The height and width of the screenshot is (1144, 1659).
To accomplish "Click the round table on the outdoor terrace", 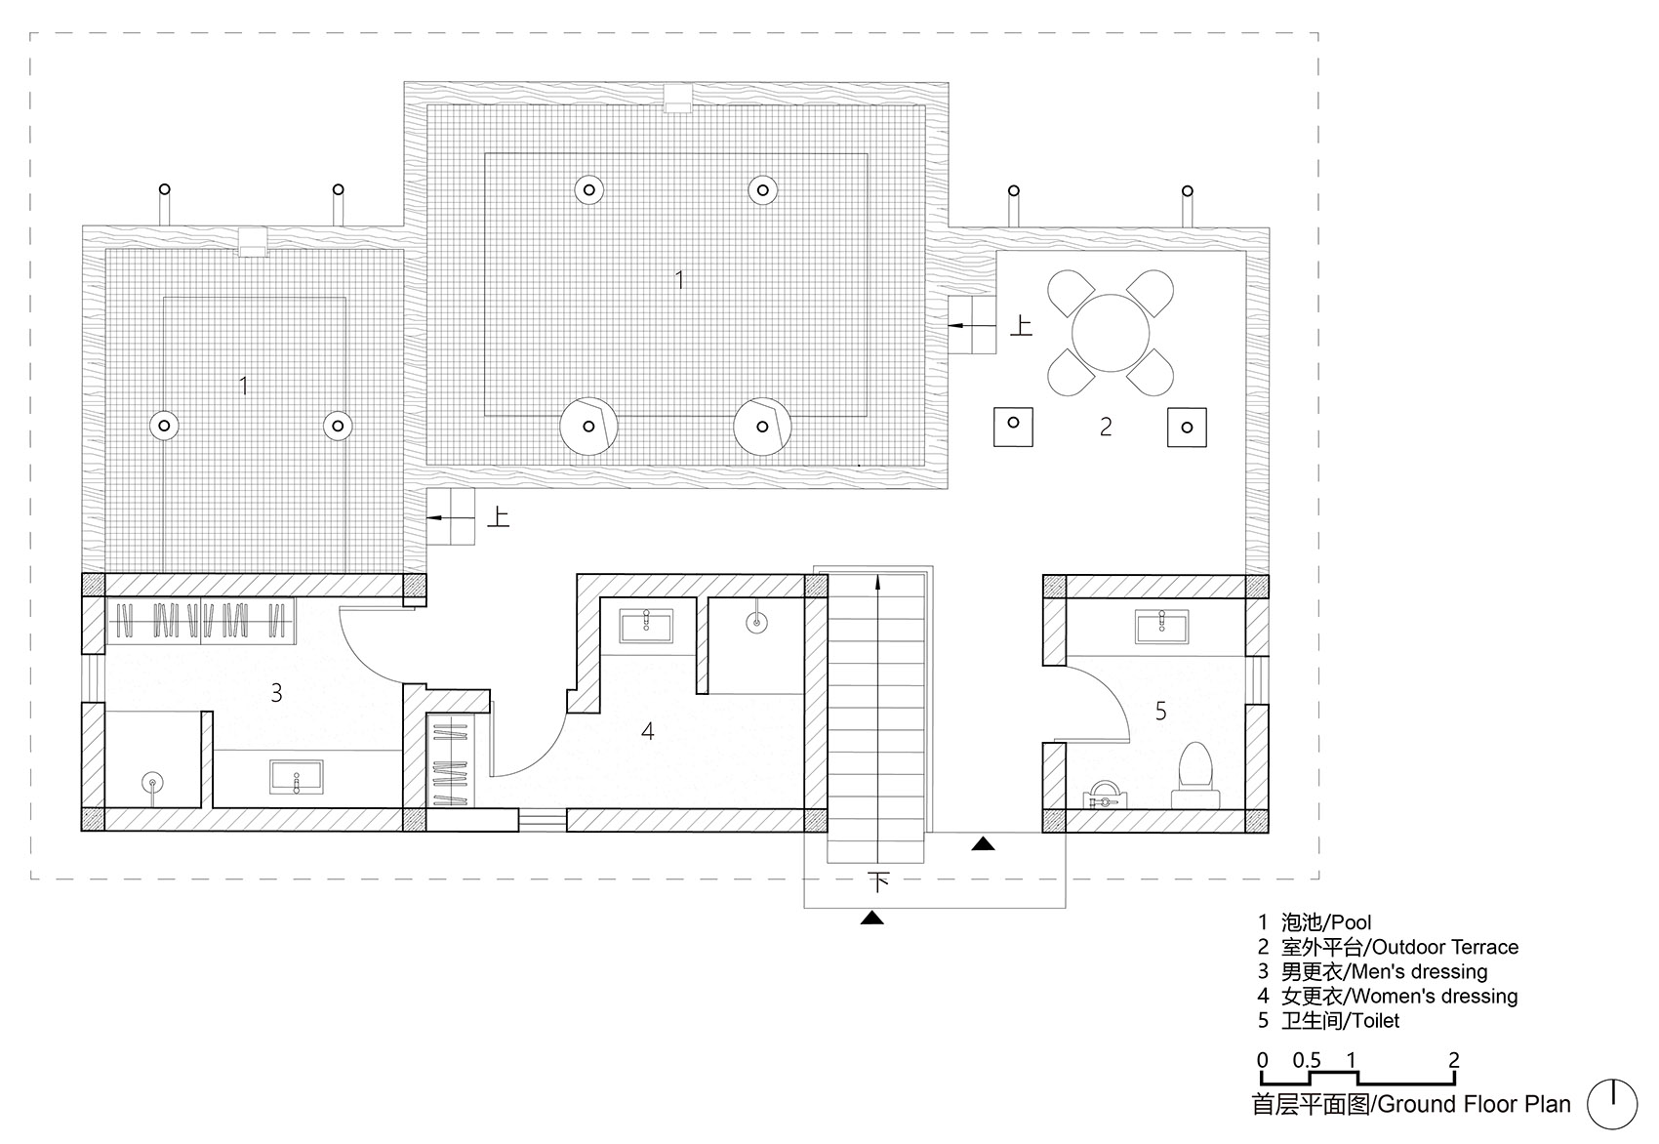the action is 1111,333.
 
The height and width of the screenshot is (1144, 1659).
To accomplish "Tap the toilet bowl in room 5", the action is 1195,775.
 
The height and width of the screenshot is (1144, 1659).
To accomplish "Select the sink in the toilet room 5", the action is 1162,626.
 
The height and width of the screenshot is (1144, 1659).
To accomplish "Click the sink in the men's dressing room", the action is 297,777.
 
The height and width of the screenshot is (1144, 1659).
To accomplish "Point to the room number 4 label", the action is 647,731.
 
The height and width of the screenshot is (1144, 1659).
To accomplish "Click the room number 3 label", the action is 276,693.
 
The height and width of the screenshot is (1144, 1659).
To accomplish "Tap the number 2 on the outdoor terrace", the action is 1106,426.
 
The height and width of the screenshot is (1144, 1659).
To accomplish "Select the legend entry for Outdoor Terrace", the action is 1388,947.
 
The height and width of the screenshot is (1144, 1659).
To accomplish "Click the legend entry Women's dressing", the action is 1387,996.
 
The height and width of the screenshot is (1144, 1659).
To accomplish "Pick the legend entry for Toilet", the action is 1329,1020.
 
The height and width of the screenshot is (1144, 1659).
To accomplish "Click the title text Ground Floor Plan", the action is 1474,1104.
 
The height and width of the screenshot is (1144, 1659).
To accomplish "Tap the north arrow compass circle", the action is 1612,1104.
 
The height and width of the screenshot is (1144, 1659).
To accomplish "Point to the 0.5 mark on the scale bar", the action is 1308,1060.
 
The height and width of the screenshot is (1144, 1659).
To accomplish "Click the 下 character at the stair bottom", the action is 878,881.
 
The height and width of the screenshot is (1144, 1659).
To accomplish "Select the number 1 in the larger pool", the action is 679,279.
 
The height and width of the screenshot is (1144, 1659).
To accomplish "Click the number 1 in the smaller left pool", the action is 243,386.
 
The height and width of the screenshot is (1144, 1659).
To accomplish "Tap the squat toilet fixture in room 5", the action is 1105,795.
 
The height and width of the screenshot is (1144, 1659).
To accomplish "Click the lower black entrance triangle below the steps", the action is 871,918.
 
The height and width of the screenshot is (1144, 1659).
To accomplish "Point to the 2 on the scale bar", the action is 1454,1060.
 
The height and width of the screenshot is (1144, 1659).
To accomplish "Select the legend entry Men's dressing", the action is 1372,971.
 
